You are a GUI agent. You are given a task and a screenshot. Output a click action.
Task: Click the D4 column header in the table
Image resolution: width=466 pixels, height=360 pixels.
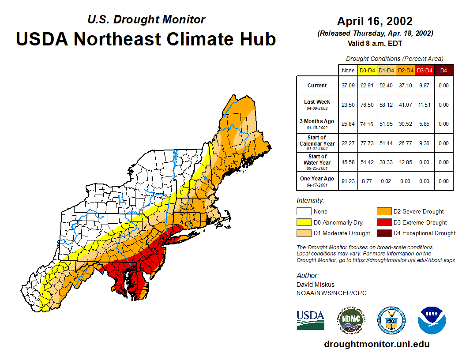coord(443,70)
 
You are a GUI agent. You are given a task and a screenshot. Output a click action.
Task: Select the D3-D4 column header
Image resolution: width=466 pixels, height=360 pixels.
coord(425,70)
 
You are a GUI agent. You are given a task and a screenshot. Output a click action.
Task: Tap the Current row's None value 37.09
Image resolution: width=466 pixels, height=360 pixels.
coord(348,86)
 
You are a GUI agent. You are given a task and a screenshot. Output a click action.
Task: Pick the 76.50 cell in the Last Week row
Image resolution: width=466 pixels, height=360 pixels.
coord(367,105)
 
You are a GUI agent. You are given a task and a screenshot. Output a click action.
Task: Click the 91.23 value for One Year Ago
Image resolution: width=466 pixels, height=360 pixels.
coord(348,181)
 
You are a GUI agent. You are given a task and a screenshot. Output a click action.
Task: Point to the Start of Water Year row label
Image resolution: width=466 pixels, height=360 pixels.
coord(317,159)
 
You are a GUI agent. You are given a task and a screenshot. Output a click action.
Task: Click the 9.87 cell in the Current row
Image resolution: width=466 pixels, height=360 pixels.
coord(425,86)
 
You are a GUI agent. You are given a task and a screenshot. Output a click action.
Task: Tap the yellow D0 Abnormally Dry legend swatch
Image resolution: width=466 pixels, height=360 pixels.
coord(304,222)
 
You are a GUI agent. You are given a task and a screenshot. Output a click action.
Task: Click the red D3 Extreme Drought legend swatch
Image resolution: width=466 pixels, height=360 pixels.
coord(383,222)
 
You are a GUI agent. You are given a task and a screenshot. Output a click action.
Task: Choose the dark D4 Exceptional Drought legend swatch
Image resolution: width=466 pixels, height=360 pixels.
coord(383,233)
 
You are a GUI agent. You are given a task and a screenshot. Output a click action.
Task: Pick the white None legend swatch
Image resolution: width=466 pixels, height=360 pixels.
coord(304,212)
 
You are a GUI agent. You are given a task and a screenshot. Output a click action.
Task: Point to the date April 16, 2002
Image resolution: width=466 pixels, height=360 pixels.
coord(375,21)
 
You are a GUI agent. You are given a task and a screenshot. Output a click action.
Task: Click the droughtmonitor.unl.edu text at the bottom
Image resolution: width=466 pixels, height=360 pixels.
coord(376,344)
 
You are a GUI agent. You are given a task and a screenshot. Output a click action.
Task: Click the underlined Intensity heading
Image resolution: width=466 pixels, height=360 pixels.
coord(310,200)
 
